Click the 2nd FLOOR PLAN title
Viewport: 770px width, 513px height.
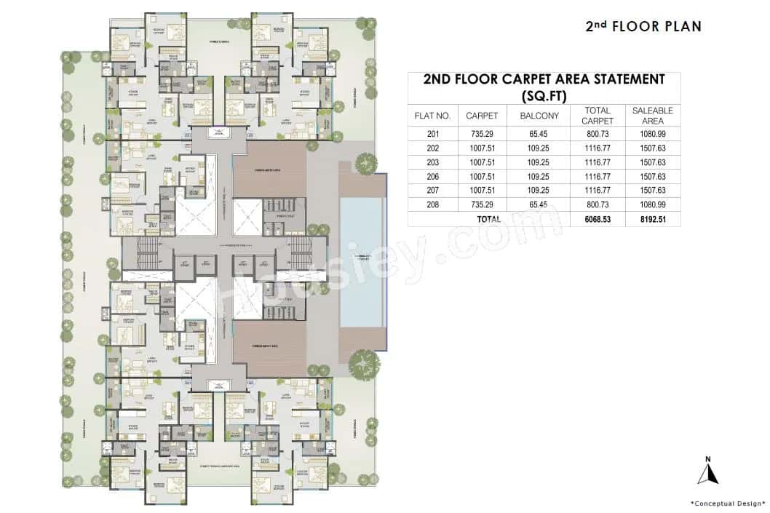click(x=643, y=26)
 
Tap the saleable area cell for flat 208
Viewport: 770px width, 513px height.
click(x=652, y=204)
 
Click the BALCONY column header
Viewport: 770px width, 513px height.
click(x=539, y=116)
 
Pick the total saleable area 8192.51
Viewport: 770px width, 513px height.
click(x=652, y=218)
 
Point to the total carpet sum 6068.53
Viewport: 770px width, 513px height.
click(x=597, y=218)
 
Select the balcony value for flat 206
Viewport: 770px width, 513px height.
click(x=539, y=176)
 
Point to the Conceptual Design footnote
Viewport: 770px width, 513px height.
click(x=728, y=503)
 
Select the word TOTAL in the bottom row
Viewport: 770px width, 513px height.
click(x=488, y=218)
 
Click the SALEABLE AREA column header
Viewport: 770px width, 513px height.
click(x=652, y=116)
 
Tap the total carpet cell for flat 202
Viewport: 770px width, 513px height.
click(x=597, y=148)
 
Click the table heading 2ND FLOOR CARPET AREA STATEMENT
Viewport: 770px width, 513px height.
click(x=544, y=87)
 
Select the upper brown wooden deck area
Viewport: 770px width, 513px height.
click(x=269, y=167)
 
